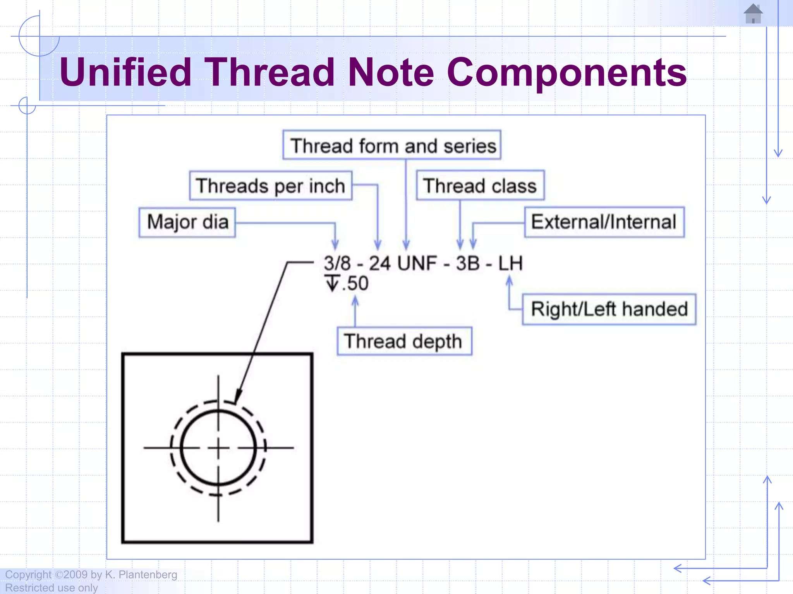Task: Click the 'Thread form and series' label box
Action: (392, 145)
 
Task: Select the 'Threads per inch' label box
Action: (271, 186)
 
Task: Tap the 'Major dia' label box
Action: (187, 222)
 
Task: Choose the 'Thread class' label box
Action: (480, 186)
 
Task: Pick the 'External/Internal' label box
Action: (604, 222)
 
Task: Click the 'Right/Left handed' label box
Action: (609, 309)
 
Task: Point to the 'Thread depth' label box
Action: (404, 341)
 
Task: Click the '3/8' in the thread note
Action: (337, 263)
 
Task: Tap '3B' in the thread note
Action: (468, 263)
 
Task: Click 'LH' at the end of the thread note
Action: (510, 263)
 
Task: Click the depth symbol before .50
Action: (332, 283)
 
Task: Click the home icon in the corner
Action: (753, 14)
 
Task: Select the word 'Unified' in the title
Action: (126, 72)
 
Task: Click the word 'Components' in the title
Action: (566, 72)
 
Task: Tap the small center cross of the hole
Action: (218, 448)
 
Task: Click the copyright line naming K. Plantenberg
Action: (91, 575)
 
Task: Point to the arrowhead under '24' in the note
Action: (378, 245)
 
